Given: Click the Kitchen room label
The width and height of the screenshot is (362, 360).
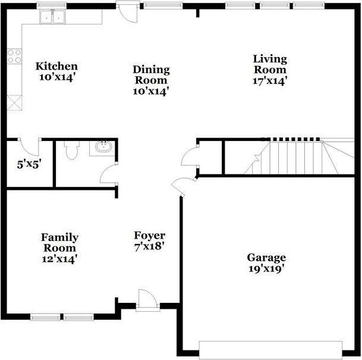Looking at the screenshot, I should point(56,66).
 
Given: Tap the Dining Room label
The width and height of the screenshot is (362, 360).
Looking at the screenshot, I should point(151,74).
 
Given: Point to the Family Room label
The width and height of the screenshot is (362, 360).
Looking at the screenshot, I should point(59,242).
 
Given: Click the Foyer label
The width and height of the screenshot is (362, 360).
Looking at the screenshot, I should point(149,236).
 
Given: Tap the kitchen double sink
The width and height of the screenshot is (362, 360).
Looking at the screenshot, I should point(52,17).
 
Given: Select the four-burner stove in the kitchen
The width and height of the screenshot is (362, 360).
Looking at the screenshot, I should point(14,57).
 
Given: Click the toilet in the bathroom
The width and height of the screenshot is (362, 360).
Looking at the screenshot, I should point(72,150).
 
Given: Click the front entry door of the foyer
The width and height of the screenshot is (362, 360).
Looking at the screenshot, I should point(146,300).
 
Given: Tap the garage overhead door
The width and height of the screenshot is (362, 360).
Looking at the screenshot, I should point(270,348).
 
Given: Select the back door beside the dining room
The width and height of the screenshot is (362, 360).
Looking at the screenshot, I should point(127,12).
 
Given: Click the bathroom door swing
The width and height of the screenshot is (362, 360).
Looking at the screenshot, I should point(109,174).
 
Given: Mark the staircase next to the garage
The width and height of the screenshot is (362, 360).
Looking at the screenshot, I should point(297,157).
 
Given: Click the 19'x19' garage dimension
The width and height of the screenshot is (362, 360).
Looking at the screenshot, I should point(266,268).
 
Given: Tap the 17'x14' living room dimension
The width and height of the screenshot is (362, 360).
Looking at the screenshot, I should point(270,80).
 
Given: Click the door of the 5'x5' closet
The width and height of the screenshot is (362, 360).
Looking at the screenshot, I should point(29,145).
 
